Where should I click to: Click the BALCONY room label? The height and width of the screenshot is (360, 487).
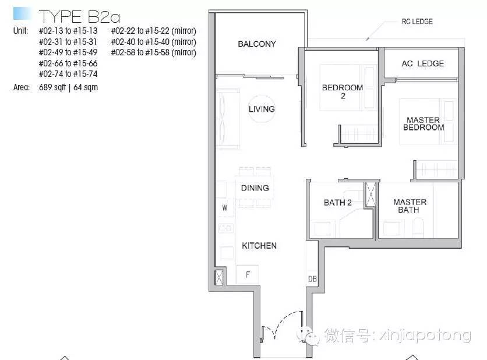(x=256, y=44)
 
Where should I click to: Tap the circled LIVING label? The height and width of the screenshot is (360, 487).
(x=262, y=109)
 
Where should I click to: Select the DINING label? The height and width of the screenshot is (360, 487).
(x=255, y=188)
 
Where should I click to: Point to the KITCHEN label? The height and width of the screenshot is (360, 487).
(x=259, y=246)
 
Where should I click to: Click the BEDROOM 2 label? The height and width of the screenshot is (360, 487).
(x=343, y=91)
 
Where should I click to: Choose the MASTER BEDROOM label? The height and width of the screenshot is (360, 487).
(x=424, y=123)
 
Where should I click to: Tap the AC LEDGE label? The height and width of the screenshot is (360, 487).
(x=423, y=63)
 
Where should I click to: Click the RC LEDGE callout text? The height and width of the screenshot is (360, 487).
(x=417, y=22)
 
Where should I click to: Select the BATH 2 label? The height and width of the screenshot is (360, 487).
(x=338, y=203)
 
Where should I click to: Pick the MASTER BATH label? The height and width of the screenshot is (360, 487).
(x=410, y=206)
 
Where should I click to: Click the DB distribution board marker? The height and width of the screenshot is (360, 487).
(x=312, y=279)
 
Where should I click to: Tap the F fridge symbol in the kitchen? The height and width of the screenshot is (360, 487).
(x=248, y=274)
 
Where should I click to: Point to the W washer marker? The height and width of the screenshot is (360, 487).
(x=224, y=208)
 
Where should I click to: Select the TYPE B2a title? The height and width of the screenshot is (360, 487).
(x=79, y=17)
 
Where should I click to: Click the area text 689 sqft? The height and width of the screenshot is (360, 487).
(x=52, y=87)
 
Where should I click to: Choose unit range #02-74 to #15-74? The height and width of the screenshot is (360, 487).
(x=68, y=74)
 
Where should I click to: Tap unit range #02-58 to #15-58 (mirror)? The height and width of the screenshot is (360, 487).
(x=154, y=52)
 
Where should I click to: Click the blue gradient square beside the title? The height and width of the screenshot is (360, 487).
(x=22, y=13)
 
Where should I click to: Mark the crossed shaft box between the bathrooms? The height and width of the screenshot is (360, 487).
(x=370, y=195)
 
